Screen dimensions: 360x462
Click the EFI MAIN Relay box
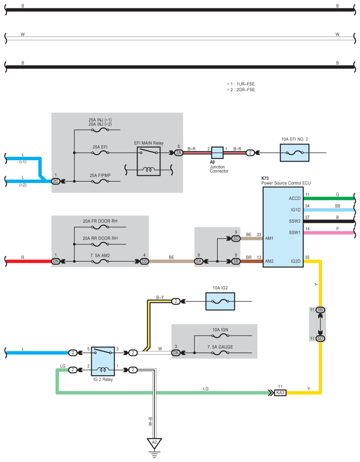pos(148,162)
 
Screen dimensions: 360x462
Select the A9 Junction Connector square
pos(217,153)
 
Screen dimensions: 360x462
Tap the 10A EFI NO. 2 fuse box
pos(294,153)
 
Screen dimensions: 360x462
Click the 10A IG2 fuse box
pos(220,301)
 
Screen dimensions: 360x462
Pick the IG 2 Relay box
pos(103,361)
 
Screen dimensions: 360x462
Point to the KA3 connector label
pos(280,393)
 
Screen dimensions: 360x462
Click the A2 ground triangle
pos(154,444)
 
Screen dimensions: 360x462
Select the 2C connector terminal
pos(56,181)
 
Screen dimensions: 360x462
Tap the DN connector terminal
pos(56,261)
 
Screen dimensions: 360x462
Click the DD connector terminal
pos(145,261)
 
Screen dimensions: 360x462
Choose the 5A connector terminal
pos(199,261)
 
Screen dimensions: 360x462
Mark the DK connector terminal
pos(176,353)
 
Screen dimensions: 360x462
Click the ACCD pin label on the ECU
pos(294,198)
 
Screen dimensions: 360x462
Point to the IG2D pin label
pos(295,261)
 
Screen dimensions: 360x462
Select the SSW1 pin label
pos(294,233)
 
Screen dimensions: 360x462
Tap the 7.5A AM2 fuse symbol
pos(100,261)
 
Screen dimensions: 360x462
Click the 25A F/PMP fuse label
pos(100,175)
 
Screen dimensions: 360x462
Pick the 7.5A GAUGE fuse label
pos(220,347)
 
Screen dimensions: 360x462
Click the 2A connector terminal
pos(178,153)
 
